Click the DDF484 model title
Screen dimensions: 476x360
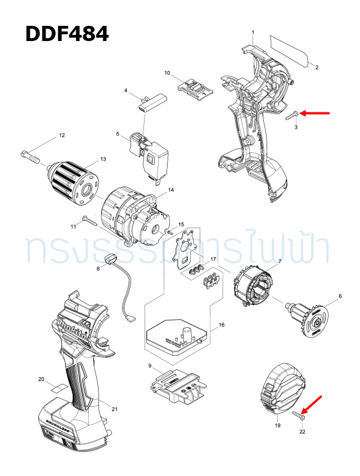[67, 34]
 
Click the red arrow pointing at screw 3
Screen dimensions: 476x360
[316, 114]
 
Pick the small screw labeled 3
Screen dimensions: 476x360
[290, 115]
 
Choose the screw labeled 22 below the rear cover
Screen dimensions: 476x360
[298, 415]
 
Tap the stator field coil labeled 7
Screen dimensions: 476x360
[256, 285]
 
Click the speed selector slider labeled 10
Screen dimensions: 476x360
[194, 89]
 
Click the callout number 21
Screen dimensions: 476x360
[115, 409]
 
